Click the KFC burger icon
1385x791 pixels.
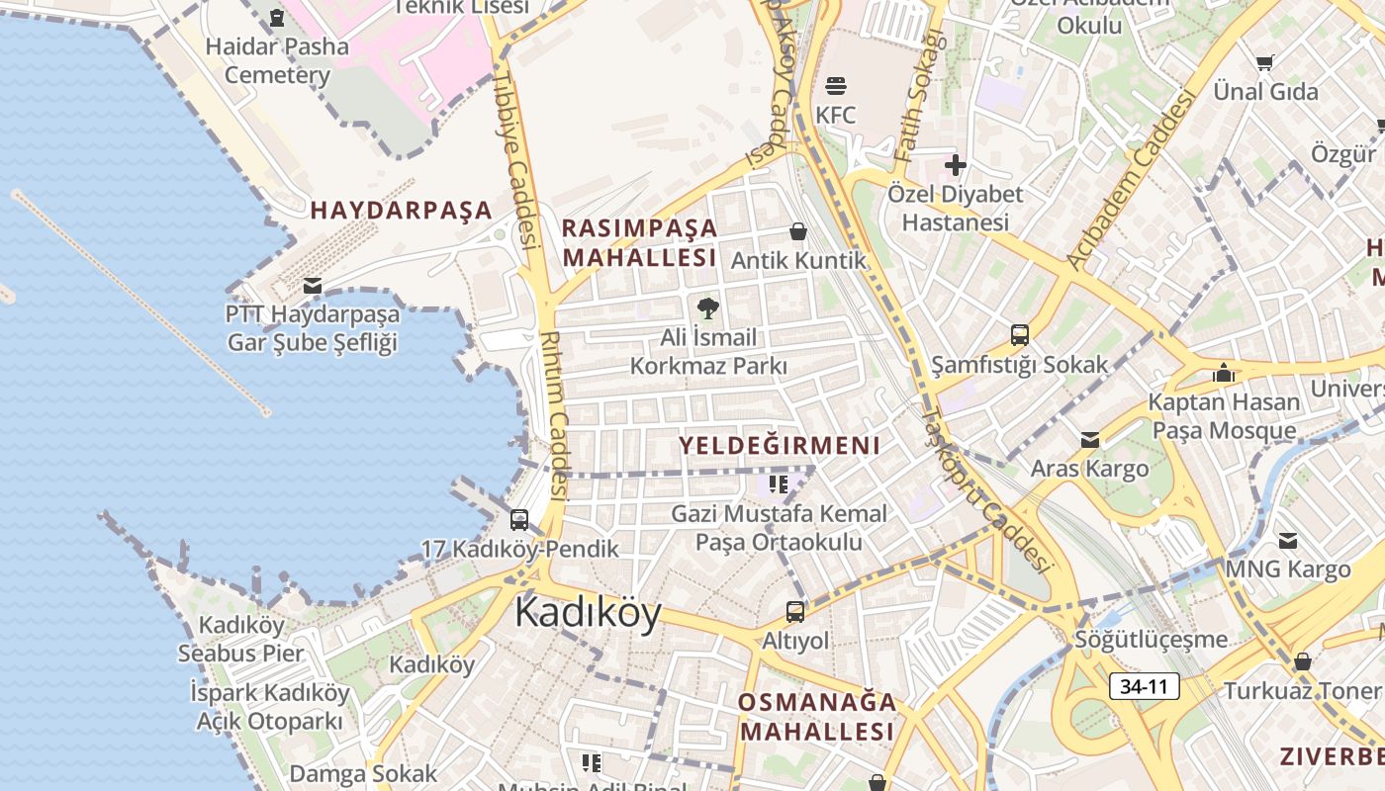[835, 86]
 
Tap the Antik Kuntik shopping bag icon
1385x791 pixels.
[798, 231]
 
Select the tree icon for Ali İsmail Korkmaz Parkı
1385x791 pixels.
[707, 308]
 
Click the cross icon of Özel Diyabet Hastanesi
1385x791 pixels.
[955, 164]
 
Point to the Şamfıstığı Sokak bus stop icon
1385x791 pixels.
[1020, 335]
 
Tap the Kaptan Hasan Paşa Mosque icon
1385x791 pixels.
[1224, 373]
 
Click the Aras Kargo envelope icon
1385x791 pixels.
[1089, 439]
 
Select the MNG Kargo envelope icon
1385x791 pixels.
[1287, 541]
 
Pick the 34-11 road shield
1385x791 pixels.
[1145, 686]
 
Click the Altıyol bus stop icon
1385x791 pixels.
[795, 611]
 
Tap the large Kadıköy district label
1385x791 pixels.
[588, 613]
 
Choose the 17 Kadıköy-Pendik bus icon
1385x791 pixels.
[519, 519]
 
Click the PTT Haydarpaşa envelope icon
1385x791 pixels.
[313, 286]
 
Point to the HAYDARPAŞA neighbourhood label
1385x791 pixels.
[401, 210]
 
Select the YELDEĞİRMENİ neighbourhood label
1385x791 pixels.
[780, 445]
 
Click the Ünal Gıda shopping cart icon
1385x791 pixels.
[1264, 63]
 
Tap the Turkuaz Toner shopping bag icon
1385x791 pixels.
[1302, 661]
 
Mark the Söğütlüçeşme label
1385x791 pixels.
[1151, 640]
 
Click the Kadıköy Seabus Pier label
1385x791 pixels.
[241, 639]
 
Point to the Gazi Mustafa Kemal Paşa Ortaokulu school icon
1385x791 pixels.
[779, 484]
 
